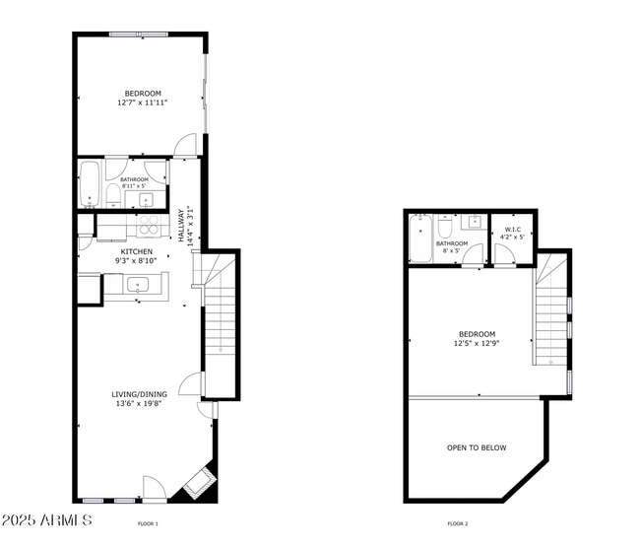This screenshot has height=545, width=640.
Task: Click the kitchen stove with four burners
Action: coord(149,225)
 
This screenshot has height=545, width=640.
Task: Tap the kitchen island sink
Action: coord(137,285)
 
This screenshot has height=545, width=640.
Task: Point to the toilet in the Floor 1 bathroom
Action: coord(113,194)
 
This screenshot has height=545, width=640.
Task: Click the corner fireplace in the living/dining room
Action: coord(200,480)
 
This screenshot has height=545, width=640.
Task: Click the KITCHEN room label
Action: coord(137,252)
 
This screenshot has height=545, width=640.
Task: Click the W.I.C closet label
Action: coord(512,229)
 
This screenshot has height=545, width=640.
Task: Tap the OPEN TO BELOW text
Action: coord(477,447)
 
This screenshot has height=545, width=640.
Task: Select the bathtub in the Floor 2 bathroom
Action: coord(420,239)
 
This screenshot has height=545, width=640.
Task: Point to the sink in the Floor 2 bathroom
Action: coord(473,221)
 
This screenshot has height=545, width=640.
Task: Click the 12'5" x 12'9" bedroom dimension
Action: coord(476,344)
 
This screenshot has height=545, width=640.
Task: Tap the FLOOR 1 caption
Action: coord(148,523)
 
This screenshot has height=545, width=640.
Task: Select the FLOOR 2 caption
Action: coord(458,523)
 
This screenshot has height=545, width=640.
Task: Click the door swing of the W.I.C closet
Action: coord(504,256)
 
